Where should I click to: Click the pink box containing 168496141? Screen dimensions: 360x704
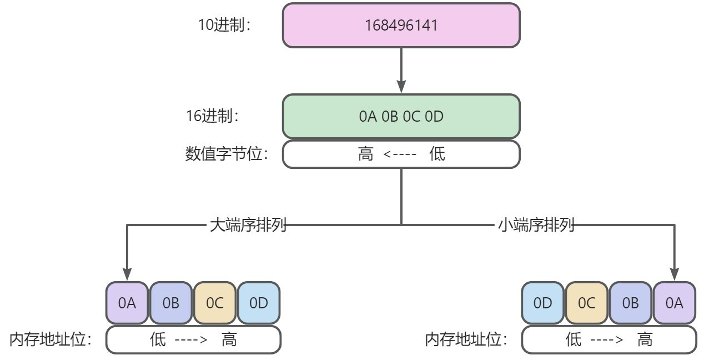401,26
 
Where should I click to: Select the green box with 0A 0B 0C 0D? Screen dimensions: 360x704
401,117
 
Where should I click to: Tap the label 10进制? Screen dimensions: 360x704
225,26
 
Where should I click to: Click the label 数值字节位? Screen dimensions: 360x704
227,154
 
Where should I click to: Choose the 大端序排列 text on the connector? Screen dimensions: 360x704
248,225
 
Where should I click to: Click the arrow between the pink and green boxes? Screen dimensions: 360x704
401,70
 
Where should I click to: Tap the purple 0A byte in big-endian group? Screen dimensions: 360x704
127,303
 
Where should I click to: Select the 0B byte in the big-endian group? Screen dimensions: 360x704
171,303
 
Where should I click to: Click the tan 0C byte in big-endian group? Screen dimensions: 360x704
215,303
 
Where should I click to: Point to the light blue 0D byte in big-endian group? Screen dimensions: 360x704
259,303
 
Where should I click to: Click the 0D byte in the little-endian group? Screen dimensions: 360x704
542,303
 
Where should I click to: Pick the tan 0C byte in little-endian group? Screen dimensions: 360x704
586,303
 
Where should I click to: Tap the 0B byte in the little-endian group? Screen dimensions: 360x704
630,303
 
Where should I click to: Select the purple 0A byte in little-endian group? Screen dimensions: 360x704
674,303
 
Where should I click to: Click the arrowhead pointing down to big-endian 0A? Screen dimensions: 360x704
127,273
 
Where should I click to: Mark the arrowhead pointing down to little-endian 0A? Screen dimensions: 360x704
675,273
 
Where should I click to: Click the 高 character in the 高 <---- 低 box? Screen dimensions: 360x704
366,154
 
